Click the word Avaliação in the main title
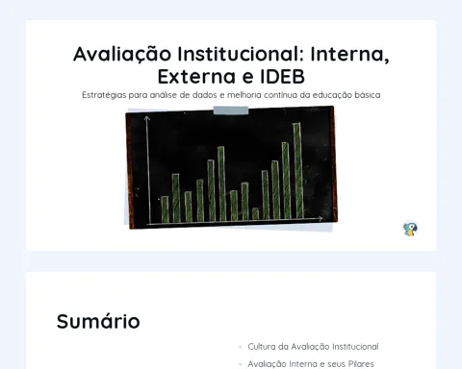122,54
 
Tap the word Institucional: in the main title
241,54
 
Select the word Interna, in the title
349,55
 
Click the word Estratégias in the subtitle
104,95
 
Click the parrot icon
410,229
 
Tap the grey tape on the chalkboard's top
231,111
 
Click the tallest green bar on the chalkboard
298,170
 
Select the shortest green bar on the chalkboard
255,213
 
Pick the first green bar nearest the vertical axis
165,209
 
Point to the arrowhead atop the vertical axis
147,118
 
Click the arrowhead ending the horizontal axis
321,219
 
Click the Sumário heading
98,321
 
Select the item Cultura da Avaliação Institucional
313,347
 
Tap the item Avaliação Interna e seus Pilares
311,364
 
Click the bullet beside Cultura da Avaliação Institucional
241,347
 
